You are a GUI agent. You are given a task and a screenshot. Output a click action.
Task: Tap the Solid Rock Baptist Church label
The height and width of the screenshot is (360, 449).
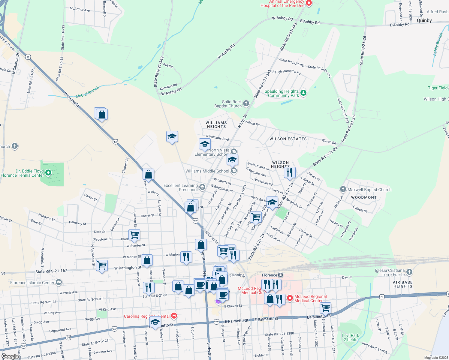[x=228, y=104]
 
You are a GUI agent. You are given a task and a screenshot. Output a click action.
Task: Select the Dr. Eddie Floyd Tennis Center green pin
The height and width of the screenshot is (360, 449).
[x=48, y=173]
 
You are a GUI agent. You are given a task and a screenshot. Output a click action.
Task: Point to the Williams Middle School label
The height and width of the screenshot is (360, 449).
[x=207, y=171]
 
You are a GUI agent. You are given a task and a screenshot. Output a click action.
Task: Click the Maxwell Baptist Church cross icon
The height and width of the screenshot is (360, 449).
[x=343, y=189]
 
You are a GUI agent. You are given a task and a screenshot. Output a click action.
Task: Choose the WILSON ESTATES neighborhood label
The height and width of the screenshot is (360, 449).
[x=288, y=139]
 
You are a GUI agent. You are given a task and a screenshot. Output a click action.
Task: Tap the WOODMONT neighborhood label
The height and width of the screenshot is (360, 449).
[x=364, y=197]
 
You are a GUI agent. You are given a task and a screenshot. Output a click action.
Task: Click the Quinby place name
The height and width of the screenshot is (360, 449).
[x=424, y=20]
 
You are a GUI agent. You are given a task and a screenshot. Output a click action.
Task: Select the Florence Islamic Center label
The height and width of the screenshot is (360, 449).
[x=32, y=283]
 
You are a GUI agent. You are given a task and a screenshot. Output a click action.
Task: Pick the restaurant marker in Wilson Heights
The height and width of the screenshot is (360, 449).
[x=290, y=172]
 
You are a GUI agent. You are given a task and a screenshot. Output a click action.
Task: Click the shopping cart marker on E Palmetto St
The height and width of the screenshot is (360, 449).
[x=326, y=307]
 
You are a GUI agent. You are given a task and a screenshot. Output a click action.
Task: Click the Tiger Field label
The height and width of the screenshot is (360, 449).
[x=438, y=88]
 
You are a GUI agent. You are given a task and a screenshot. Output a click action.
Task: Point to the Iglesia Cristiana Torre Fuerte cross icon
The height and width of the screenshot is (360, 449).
[x=409, y=272]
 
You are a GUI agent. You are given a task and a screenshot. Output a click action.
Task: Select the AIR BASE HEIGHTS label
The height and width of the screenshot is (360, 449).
[x=403, y=284]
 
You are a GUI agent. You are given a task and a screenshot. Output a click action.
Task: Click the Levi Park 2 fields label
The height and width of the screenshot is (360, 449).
[x=351, y=337]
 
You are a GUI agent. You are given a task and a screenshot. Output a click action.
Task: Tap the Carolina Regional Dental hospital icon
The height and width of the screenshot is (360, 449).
[x=174, y=316]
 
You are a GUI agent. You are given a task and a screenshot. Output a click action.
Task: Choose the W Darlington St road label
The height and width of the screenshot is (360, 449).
[x=128, y=268]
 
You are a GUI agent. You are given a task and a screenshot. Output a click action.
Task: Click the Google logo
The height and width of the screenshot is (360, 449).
[x=10, y=356]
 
